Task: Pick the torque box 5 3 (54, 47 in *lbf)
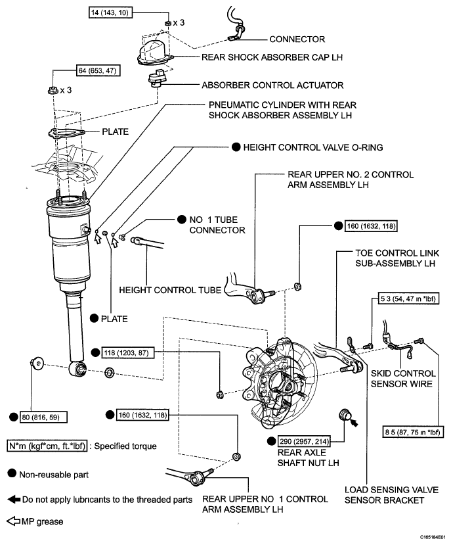408,298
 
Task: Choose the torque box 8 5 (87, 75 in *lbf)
412,432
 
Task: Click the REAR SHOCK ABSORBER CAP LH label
272,57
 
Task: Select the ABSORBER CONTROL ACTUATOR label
272,85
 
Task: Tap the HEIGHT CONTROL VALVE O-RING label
313,147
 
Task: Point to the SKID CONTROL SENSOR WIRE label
402,379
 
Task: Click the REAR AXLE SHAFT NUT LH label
308,458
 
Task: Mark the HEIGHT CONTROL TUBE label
170,290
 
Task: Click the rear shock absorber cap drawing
155,52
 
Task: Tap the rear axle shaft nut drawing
345,414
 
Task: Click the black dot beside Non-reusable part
12,473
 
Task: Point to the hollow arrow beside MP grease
13,521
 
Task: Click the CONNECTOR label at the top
297,39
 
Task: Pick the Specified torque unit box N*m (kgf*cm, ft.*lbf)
47,446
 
